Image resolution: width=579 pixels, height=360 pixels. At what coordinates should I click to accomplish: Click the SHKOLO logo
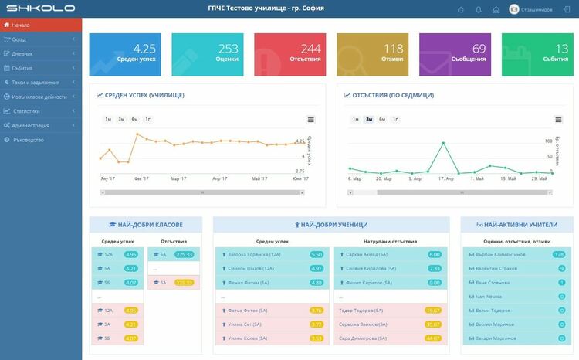tap(40, 9)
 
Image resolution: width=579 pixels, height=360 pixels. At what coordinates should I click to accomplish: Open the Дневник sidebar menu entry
tap(23, 54)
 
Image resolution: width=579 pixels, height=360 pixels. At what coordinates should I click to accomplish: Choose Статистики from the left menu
tap(26, 111)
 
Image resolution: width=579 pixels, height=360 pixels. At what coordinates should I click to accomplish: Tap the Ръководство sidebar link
tap(29, 140)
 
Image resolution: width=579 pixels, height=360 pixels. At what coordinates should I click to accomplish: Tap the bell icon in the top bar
tap(478, 9)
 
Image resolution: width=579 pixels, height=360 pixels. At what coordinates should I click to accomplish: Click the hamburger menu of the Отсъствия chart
tap(558, 120)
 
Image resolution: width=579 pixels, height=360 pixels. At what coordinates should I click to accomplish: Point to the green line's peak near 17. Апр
tap(443, 143)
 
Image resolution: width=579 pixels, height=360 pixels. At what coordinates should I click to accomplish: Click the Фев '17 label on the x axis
tap(141, 178)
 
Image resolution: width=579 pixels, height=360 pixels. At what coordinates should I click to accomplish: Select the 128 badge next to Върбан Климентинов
tap(559, 254)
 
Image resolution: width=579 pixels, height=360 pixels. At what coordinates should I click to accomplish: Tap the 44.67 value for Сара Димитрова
tap(434, 338)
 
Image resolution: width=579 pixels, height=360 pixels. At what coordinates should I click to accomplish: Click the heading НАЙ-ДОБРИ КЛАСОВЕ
tap(147, 225)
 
